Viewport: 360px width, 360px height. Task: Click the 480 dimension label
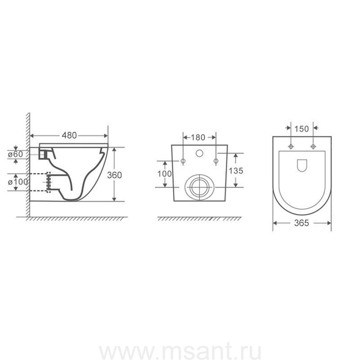point(69,135)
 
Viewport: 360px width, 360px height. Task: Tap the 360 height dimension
point(114,175)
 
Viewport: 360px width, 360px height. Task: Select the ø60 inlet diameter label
point(16,154)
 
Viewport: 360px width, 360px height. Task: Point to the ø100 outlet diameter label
point(18,182)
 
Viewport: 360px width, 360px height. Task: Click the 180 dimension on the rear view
point(198,137)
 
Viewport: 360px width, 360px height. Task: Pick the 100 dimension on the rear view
point(164,174)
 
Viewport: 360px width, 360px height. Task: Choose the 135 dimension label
point(236,171)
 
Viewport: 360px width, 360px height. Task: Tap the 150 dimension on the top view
point(301,129)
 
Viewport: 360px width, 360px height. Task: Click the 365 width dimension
point(301,223)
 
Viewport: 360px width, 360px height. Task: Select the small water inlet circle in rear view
point(199,153)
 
